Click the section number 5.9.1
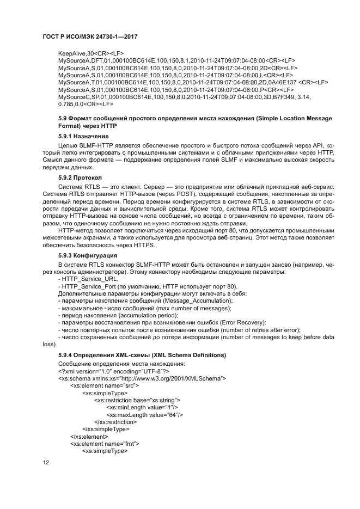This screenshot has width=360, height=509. click(66, 136)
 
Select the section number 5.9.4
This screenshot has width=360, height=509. click(66, 355)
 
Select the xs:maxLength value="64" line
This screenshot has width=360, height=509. click(144, 414)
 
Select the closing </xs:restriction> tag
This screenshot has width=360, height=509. click(115, 422)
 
